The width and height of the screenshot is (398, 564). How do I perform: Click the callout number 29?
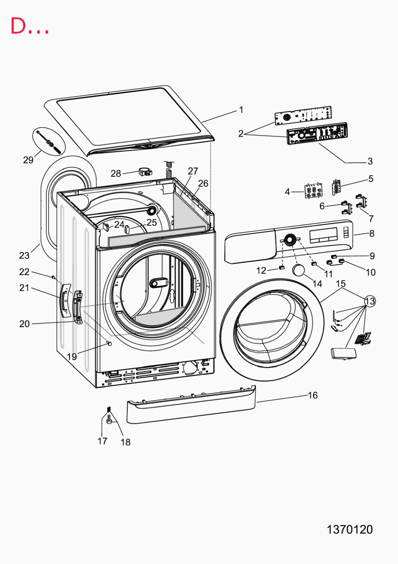[x=28, y=160]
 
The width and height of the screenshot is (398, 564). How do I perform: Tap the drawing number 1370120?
[x=350, y=529]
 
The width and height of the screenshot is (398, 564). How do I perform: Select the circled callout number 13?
[x=370, y=301]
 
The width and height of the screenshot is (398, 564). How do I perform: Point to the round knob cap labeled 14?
[x=298, y=270]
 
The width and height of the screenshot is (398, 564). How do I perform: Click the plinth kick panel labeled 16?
[x=191, y=404]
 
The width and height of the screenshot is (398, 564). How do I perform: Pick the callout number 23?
[x=24, y=256]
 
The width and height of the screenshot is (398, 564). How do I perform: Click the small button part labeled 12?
[x=282, y=267]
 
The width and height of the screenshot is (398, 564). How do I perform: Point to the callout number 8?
[x=372, y=233]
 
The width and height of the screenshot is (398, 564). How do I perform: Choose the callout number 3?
[x=370, y=161]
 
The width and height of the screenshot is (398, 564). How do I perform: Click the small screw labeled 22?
[x=53, y=277]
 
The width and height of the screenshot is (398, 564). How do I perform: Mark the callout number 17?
[x=103, y=441]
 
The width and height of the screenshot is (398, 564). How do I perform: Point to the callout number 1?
[x=241, y=110]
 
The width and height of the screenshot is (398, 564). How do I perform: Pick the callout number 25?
[x=152, y=223]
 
